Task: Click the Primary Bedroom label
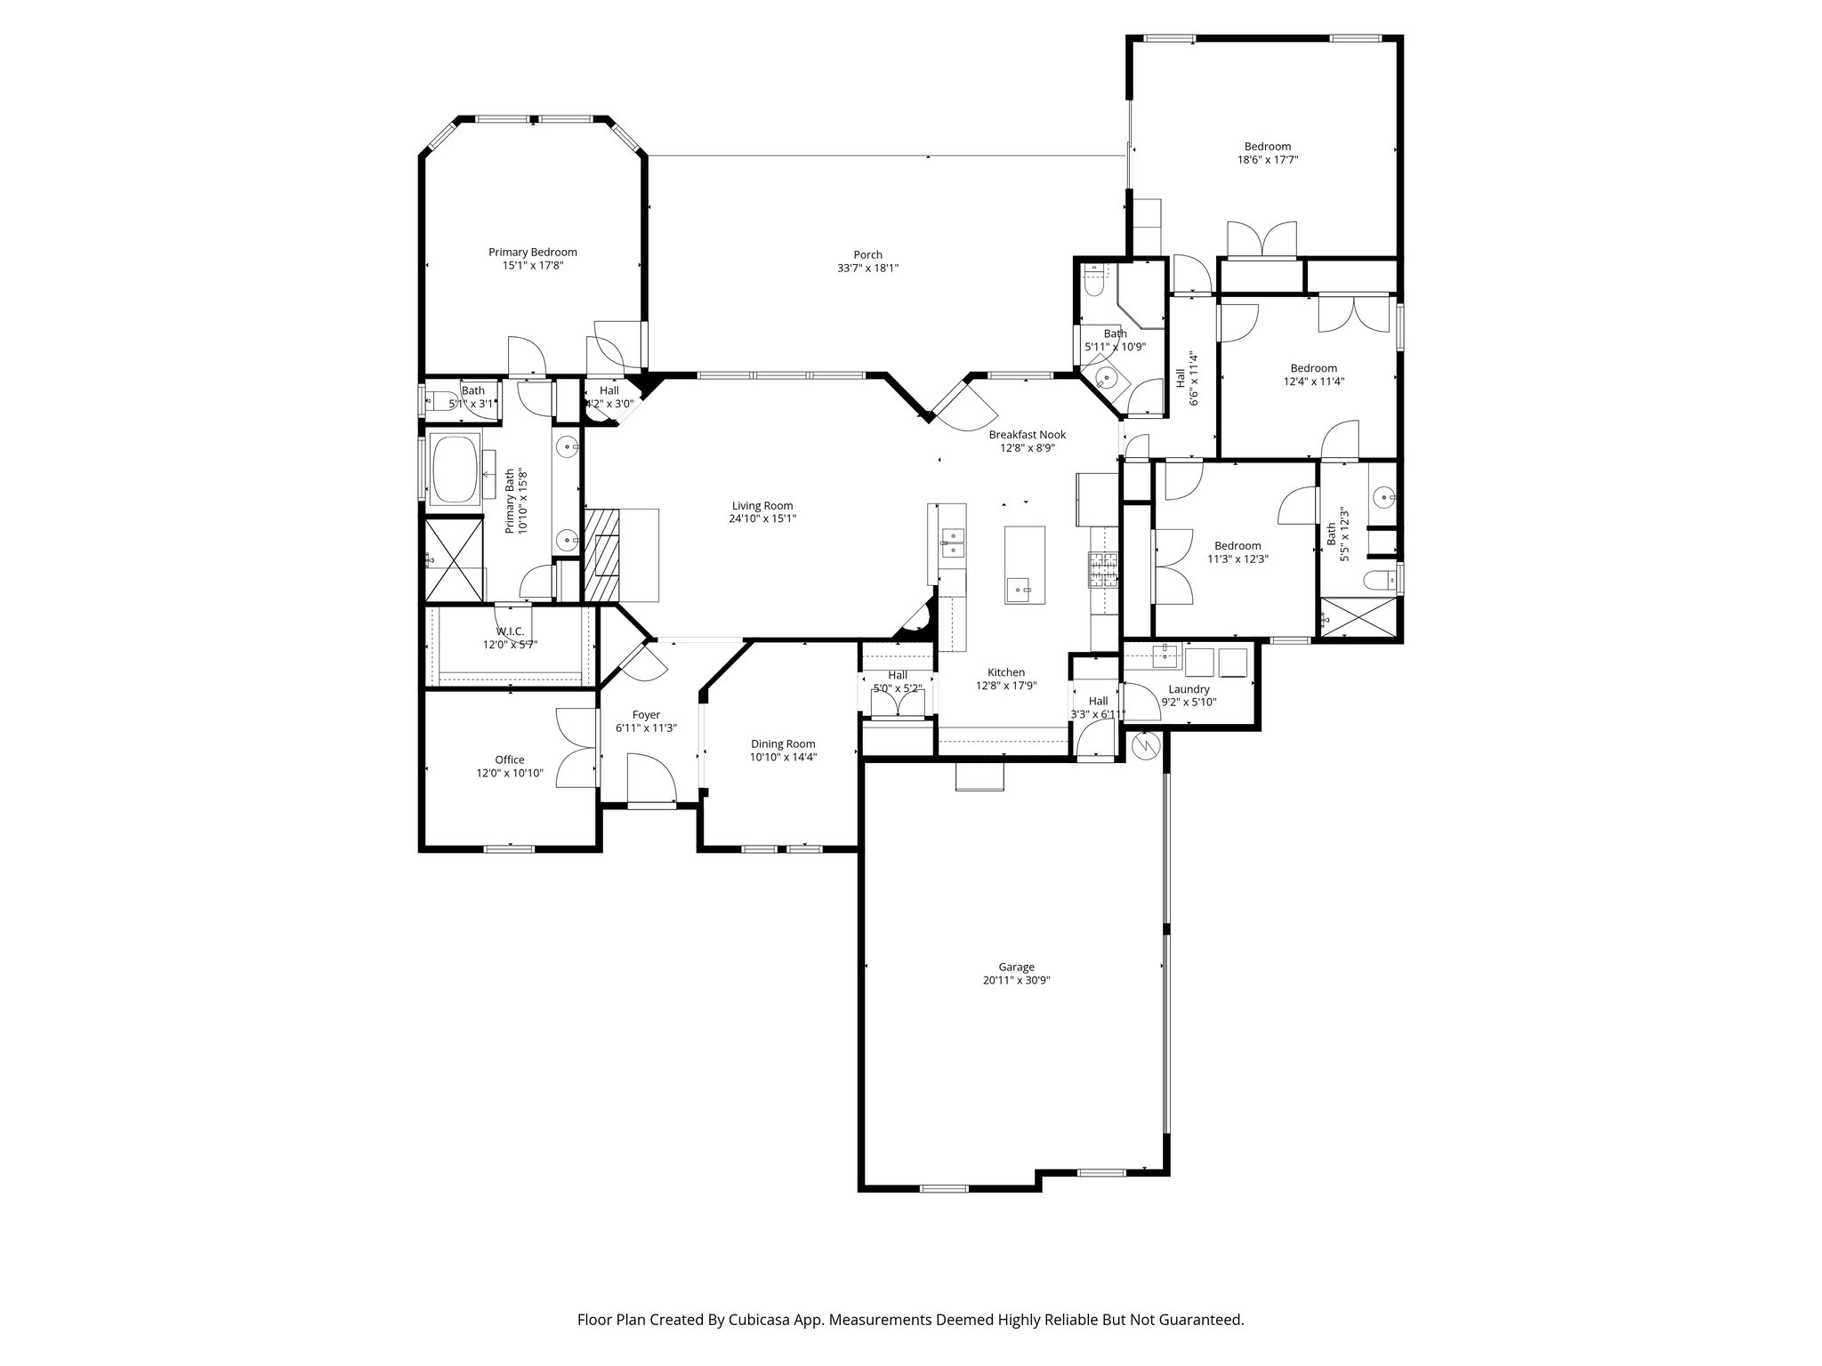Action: [x=532, y=252]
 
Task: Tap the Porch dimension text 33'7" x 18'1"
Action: [x=867, y=269]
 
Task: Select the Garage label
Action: [x=1016, y=967]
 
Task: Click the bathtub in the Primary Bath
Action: [x=455, y=470]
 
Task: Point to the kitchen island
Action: [x=1025, y=565]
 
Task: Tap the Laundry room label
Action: [x=1189, y=689]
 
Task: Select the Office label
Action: [x=510, y=759]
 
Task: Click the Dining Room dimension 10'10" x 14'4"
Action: [x=783, y=758]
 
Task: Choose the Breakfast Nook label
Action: [x=1027, y=435]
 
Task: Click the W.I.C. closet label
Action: [x=510, y=631]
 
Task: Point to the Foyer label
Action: [x=646, y=714]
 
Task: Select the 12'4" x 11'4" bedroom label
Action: [x=1313, y=368]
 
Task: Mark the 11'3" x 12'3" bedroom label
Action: [x=1238, y=546]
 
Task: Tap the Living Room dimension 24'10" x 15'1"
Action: [x=762, y=518]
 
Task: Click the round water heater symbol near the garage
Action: [x=1147, y=745]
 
